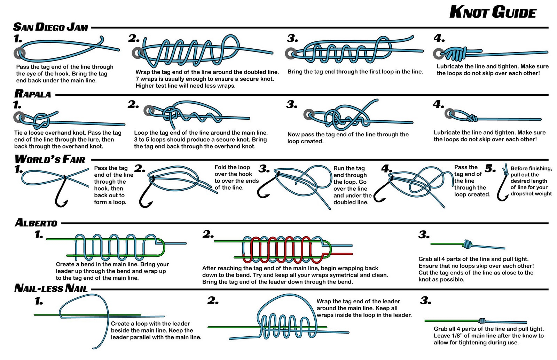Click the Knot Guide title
tap(492, 12)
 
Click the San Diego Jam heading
tap(50, 27)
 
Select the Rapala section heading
tap(33, 94)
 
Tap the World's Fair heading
tap(50, 159)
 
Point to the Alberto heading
tap(36, 223)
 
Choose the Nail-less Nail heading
tap(51, 288)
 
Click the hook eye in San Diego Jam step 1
tap(19, 53)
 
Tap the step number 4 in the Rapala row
tap(438, 104)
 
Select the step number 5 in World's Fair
tap(490, 169)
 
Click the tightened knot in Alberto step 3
tap(467, 244)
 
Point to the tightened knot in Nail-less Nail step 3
tap(482, 320)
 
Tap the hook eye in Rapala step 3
tap(309, 114)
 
